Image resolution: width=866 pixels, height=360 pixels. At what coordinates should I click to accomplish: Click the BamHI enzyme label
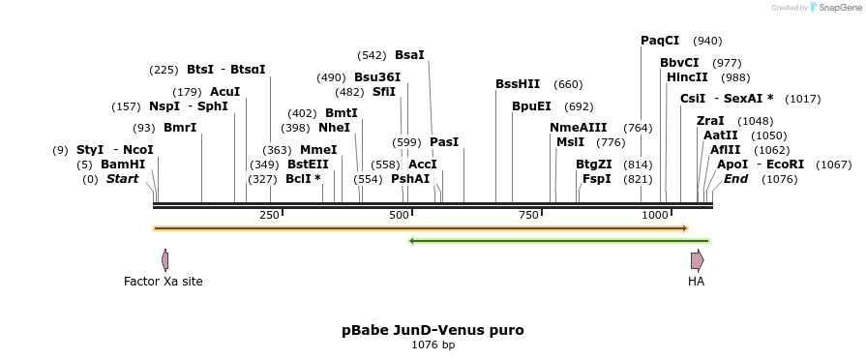coord(123,165)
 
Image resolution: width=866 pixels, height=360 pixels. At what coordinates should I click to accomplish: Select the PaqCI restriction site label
coord(660,41)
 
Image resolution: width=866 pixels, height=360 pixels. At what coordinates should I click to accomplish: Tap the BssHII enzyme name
coord(518,84)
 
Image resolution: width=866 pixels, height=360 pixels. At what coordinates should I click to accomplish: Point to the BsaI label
coord(409,55)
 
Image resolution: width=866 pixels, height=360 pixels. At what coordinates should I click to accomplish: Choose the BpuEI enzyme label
coord(531,106)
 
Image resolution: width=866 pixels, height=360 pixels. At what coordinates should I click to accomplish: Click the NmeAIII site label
coord(578,128)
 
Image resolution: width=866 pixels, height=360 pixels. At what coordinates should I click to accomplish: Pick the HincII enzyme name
coord(687,77)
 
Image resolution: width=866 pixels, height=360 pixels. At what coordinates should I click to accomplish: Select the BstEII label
coord(308,165)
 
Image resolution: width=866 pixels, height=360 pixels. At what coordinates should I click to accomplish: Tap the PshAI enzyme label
coord(410,179)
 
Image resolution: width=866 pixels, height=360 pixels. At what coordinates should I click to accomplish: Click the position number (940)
coord(707,41)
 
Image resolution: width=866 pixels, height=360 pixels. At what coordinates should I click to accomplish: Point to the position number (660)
coord(568,84)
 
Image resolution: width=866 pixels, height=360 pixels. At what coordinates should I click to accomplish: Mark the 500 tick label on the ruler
coord(398,215)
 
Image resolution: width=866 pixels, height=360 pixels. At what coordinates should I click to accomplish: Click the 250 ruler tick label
coord(269,215)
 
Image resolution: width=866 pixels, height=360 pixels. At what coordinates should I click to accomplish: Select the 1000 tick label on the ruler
coord(655,215)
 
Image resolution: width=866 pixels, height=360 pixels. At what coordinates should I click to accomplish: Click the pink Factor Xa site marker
coord(165,259)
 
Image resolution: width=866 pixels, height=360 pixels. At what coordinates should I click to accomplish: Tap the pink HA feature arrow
coord(697,259)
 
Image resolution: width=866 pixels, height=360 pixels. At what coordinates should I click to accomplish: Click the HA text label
coord(696,282)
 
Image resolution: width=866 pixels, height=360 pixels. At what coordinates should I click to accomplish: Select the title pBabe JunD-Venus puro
coord(433,330)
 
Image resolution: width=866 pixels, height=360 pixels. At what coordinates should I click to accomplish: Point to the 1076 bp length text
coord(433,345)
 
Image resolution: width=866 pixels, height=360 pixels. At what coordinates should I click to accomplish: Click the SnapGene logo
coord(835,8)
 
